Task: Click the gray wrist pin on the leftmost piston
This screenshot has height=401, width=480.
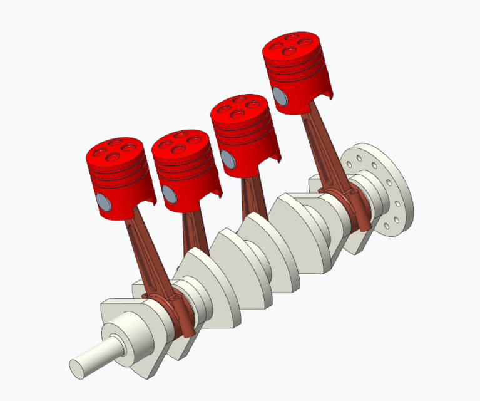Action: click(103, 202)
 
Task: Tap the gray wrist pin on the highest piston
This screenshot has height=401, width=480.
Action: click(279, 96)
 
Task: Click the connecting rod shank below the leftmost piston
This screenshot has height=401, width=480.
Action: click(139, 251)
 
